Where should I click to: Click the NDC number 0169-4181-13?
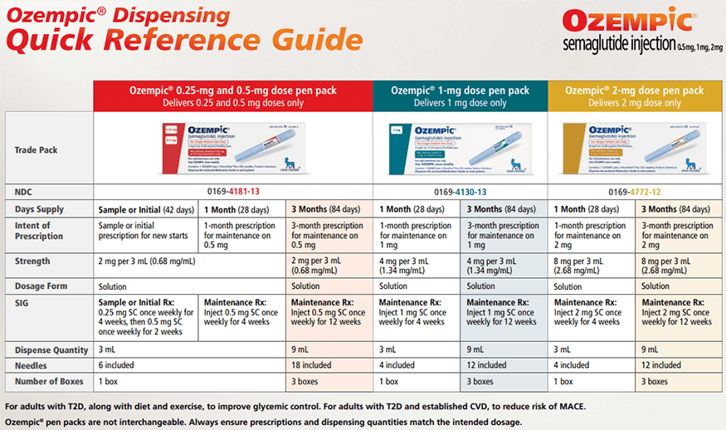[232, 191]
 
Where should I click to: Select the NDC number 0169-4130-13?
[460, 191]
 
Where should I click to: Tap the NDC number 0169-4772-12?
[635, 191]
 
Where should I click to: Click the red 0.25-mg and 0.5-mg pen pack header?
[232, 95]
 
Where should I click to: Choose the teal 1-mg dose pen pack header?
[460, 95]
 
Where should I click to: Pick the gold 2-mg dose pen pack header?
[635, 95]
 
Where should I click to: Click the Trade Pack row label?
[37, 150]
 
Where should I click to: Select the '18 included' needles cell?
[311, 365]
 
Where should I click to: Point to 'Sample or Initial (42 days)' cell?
[146, 209]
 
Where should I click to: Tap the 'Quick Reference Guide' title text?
[183, 40]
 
